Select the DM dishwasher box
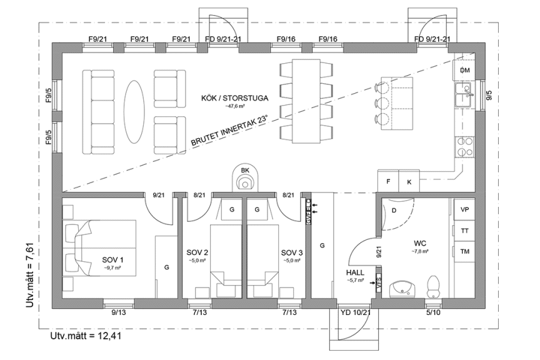[x=464, y=70]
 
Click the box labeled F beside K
[x=388, y=181]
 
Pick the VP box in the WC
[x=464, y=210]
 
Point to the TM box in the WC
[x=464, y=251]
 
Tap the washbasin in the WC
[x=402, y=288]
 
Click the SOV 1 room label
[x=113, y=259]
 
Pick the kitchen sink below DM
[x=464, y=97]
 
